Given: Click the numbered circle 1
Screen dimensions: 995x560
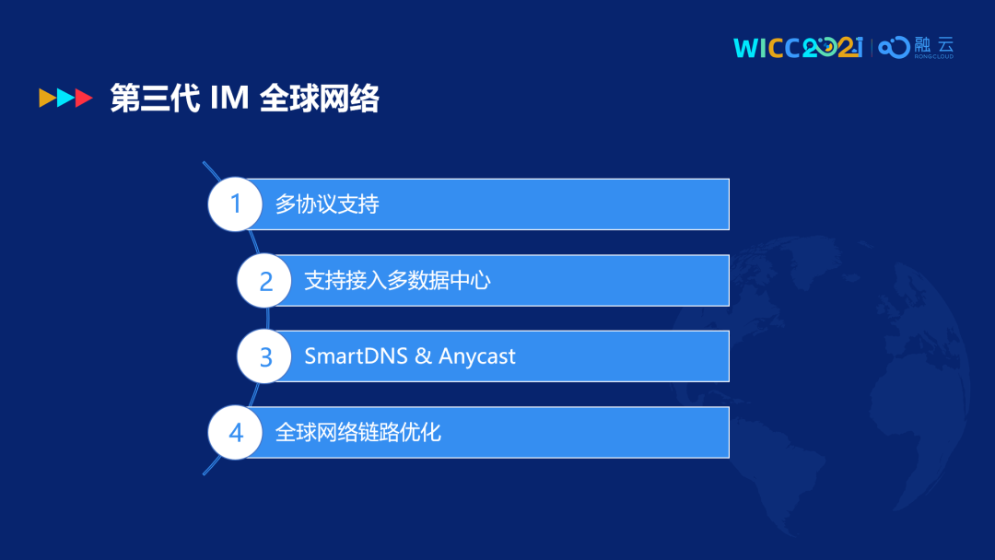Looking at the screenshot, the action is point(236,204).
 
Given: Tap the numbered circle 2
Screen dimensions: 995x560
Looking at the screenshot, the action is point(264,280).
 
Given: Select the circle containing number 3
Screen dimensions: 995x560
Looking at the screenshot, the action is point(264,356).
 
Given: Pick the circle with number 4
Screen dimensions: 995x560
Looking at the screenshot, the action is point(236,433).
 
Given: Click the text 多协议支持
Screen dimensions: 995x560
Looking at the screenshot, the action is point(327,204).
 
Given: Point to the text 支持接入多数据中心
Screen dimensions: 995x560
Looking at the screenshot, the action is point(397,280).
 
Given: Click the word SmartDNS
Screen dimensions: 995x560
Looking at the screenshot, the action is point(356,356).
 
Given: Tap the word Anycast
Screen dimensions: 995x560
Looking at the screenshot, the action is point(476,357).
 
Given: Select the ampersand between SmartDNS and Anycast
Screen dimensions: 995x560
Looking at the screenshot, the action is point(423,356).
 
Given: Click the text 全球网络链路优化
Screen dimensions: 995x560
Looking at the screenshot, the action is point(357,433).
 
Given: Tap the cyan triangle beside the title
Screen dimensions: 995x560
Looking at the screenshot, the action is point(66,98).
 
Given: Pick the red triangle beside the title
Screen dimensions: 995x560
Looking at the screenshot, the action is point(85,98).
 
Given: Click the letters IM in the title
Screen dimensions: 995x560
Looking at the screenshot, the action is point(229,99).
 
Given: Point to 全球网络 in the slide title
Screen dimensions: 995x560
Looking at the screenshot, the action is point(319,99).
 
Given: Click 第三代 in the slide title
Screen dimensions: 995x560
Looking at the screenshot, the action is point(155,99).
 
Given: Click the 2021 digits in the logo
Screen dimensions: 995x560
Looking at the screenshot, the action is point(833,48).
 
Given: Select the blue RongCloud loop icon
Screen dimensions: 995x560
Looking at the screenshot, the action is point(894,48).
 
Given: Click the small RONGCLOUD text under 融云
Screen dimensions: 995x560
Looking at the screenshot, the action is point(933,56).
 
